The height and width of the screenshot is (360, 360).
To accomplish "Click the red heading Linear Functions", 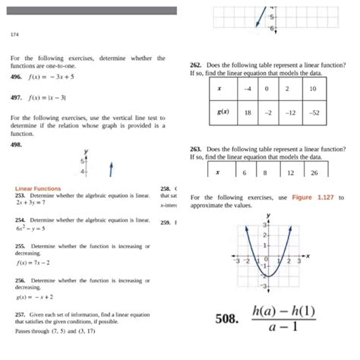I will click(38, 188).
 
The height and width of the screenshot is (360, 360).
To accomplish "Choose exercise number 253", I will click(21, 195).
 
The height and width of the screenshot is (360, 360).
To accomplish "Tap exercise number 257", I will click(21, 314).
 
